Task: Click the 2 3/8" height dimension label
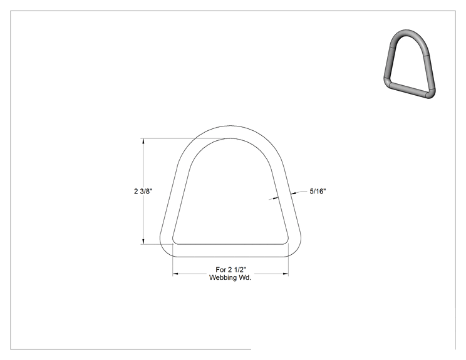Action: (x=143, y=192)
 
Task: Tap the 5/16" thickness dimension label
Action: (x=318, y=192)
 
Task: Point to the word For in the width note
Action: (x=221, y=270)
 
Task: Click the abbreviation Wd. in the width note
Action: (x=246, y=278)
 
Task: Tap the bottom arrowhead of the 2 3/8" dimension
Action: (x=143, y=242)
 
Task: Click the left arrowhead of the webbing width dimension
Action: (x=175, y=274)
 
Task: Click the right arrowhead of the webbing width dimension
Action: (x=286, y=274)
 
